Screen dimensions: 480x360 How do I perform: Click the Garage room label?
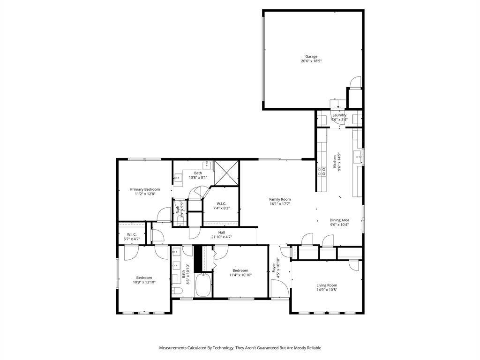click(311, 57)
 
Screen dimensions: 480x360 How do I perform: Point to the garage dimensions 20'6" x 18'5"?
click(311, 61)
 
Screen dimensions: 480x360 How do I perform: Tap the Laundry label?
click(339, 115)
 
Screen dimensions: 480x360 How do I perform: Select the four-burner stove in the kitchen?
click(322, 172)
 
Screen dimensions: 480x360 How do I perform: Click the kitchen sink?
click(358, 157)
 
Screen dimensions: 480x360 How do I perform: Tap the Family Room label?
click(280, 200)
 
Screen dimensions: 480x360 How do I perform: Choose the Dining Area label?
click(339, 220)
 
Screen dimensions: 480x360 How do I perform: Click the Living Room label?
click(327, 285)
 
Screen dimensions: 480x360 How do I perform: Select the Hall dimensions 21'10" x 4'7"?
click(222, 237)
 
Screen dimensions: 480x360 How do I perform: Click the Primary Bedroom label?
click(145, 189)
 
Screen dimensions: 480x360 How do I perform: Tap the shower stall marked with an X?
click(226, 173)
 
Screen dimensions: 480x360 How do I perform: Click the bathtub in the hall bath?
click(202, 285)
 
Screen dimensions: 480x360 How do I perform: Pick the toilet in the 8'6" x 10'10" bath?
click(177, 291)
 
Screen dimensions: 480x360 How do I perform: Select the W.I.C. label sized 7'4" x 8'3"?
click(221, 204)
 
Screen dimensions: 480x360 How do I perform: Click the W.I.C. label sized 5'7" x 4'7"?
click(132, 234)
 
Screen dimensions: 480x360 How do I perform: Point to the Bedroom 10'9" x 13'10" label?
click(144, 278)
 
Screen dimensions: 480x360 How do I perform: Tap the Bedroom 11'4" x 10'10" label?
click(240, 270)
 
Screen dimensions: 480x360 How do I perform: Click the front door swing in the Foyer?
click(280, 289)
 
